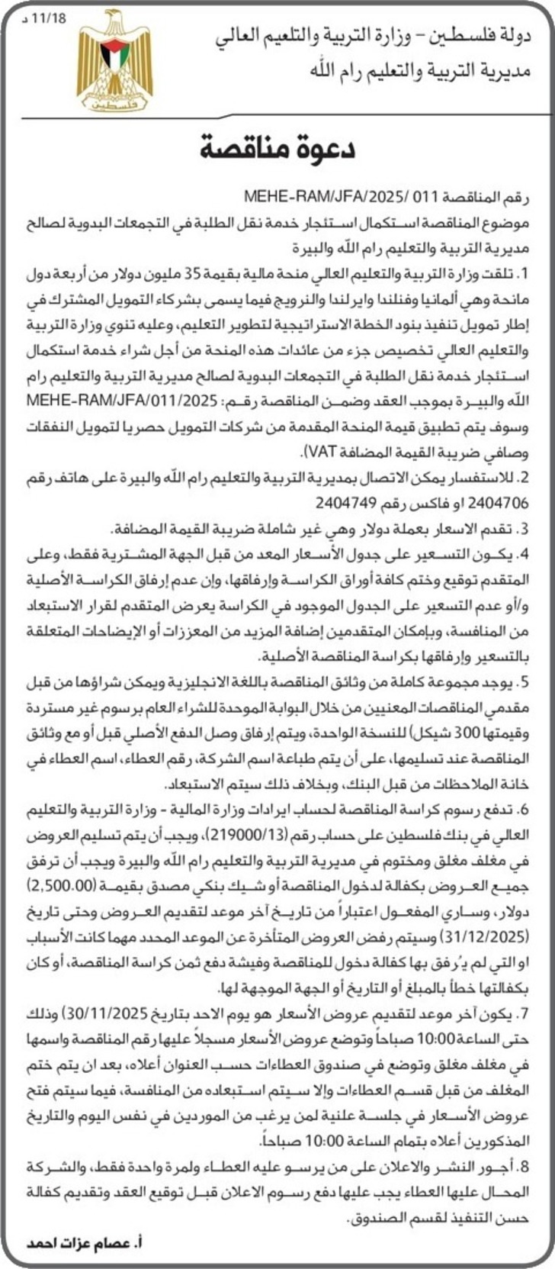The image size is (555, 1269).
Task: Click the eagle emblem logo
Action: (114, 62)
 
